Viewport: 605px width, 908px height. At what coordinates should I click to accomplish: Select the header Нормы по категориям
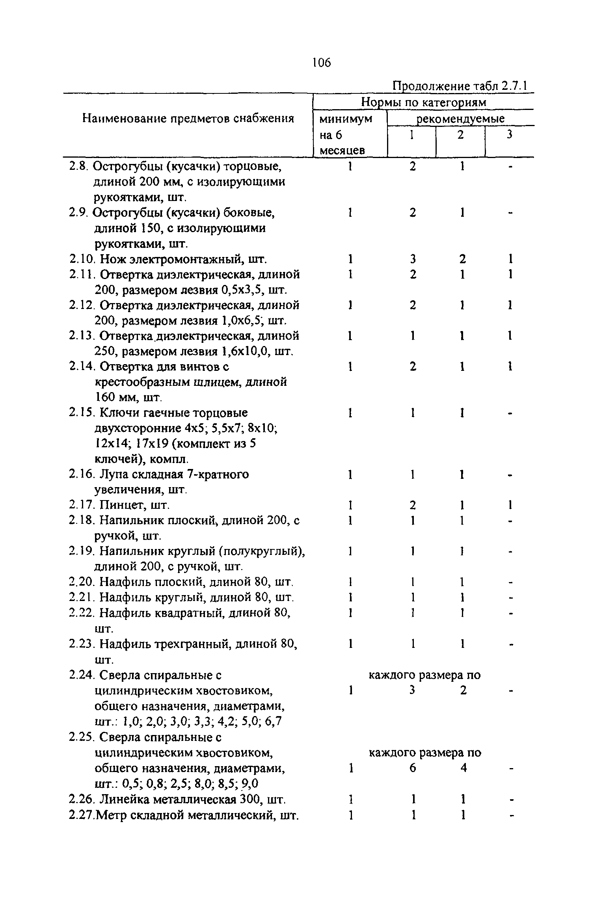click(424, 102)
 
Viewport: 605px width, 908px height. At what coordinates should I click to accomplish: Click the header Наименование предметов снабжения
click(188, 118)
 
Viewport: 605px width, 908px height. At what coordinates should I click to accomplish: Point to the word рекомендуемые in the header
click(461, 119)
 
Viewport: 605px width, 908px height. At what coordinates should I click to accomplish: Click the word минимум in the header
click(346, 119)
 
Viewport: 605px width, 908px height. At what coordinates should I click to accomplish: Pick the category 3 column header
click(509, 135)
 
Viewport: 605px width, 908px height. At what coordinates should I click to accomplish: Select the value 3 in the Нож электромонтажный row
click(412, 259)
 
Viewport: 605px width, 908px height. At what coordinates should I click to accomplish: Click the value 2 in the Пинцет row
click(412, 505)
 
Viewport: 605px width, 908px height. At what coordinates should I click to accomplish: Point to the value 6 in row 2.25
click(412, 768)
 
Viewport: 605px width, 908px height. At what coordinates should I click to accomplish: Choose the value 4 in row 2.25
click(463, 768)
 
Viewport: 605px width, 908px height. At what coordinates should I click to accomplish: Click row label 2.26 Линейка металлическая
click(177, 799)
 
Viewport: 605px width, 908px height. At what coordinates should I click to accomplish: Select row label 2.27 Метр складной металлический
click(184, 815)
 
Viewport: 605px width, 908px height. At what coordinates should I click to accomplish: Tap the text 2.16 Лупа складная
click(159, 474)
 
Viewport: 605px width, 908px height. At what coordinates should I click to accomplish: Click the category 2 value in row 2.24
click(463, 690)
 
